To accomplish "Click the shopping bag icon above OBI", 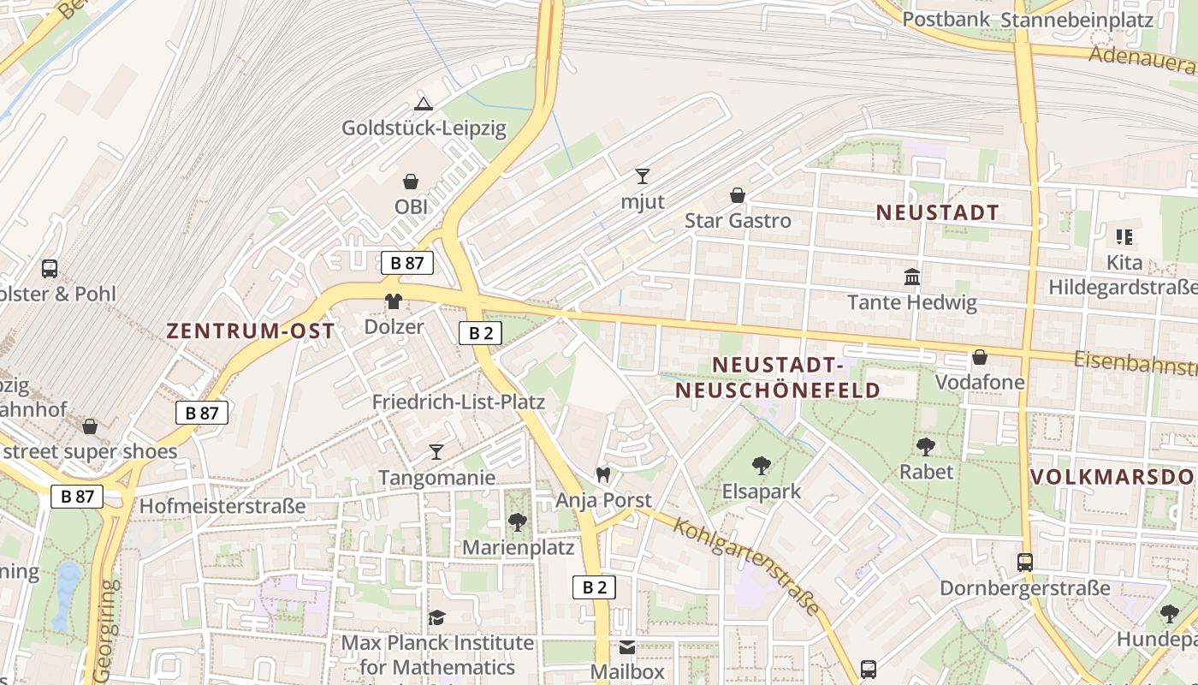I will pyautogui.click(x=411, y=182).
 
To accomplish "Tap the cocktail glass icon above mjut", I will pyautogui.click(x=643, y=176).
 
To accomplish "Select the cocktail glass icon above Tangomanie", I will pyautogui.click(x=436, y=451).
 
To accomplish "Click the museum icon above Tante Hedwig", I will pyautogui.click(x=912, y=277).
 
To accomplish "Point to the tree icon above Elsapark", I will pyautogui.click(x=761, y=466).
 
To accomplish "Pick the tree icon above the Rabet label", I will pyautogui.click(x=925, y=446).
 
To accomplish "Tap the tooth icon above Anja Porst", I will pyautogui.click(x=603, y=474).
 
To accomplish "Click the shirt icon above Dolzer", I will pyautogui.click(x=394, y=301).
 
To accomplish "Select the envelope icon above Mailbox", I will pyautogui.click(x=627, y=646).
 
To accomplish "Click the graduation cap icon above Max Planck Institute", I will pyautogui.click(x=436, y=617).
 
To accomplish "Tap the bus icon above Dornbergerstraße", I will pyautogui.click(x=1025, y=563).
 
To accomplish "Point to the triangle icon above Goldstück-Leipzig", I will pyautogui.click(x=423, y=104).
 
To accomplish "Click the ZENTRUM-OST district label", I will pyautogui.click(x=251, y=331).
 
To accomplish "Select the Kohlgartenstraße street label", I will pyautogui.click(x=747, y=565).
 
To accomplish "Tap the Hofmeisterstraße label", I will pyautogui.click(x=222, y=506).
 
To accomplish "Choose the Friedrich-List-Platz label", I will pyautogui.click(x=458, y=402).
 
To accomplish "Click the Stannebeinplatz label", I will pyautogui.click(x=1076, y=20).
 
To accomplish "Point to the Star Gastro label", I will pyautogui.click(x=738, y=221).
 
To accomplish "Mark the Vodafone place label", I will pyautogui.click(x=980, y=382).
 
